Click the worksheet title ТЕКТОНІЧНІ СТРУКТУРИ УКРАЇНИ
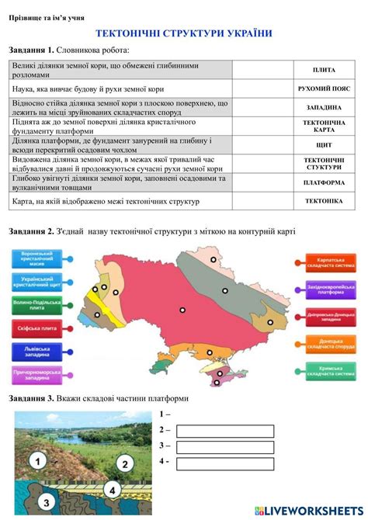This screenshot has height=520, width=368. pos(183,34)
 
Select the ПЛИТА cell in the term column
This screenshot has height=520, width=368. pos(324,70)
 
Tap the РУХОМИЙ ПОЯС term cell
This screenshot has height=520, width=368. pos(324,88)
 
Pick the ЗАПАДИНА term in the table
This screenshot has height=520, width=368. pos(324,107)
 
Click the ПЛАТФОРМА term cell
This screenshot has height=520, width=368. pos(324,182)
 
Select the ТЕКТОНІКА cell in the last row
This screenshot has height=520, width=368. pos(324,201)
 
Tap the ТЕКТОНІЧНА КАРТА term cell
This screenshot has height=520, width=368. pos(324,126)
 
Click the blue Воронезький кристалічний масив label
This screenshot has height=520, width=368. pos(36,258)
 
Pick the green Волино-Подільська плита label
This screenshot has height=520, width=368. pos(36,305)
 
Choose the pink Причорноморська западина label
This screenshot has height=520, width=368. pos(36,375)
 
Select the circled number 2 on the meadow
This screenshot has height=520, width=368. pos(123,463)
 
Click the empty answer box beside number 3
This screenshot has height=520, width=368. pos(225,446)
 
